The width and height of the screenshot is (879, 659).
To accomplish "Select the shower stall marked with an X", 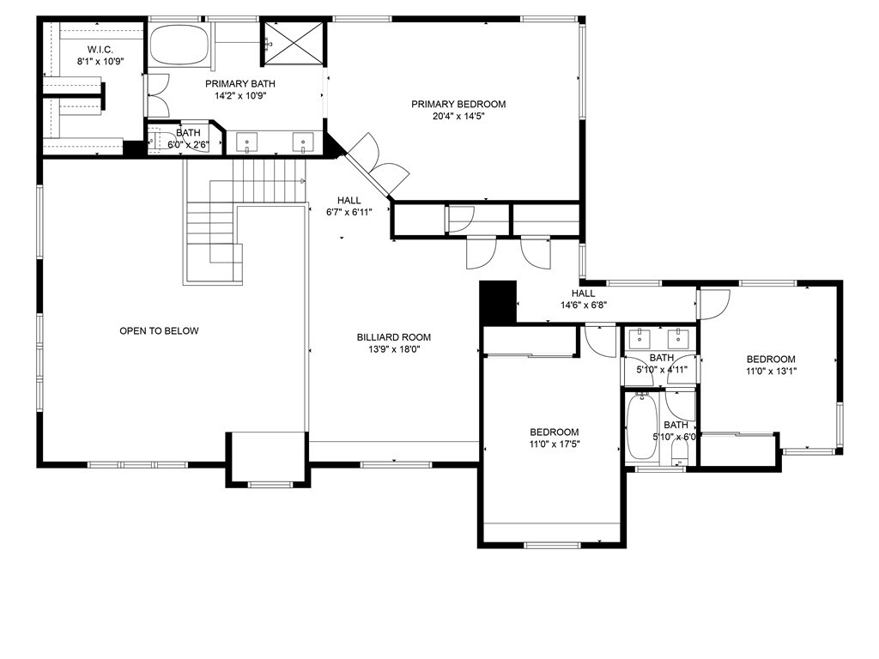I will pyautogui.click(x=294, y=42).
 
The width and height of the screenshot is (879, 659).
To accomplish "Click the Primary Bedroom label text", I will pyautogui.click(x=458, y=104).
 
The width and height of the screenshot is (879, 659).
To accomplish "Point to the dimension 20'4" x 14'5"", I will pyautogui.click(x=458, y=116).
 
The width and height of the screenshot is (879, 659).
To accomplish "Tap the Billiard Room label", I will pyautogui.click(x=394, y=337).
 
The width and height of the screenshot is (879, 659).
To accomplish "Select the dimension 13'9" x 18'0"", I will pyautogui.click(x=394, y=349).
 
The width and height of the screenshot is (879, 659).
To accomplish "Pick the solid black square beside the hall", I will pyautogui.click(x=497, y=301).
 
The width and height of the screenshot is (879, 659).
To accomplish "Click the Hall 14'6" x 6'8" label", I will pyautogui.click(x=584, y=299).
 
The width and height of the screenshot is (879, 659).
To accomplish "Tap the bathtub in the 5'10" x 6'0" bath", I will pyautogui.click(x=640, y=427).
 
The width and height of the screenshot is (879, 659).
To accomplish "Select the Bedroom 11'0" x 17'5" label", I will pyautogui.click(x=554, y=438).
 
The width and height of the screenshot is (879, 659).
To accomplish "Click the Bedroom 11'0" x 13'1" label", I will pyautogui.click(x=770, y=365).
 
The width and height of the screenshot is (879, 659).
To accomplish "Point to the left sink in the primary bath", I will pyautogui.click(x=247, y=142).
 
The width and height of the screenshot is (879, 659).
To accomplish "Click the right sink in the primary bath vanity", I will pyautogui.click(x=303, y=142).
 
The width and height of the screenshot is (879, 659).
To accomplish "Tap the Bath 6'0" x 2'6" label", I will pyautogui.click(x=188, y=138).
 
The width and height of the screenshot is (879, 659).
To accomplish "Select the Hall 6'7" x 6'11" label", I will pyautogui.click(x=349, y=206).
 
